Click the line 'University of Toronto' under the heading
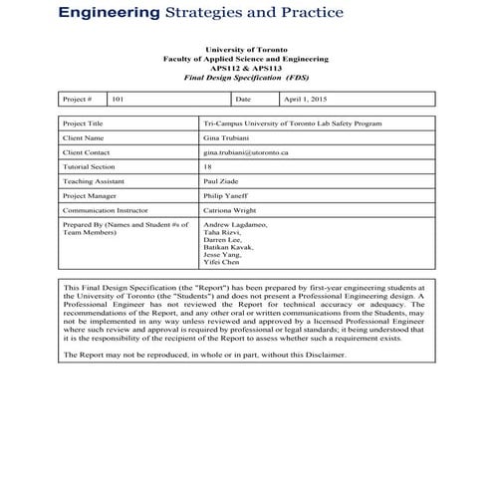[x=246, y=50]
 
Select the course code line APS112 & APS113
[x=246, y=68]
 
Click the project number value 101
[x=119, y=100]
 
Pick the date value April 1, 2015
[x=306, y=100]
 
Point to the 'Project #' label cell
[x=77, y=100]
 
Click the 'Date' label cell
[x=244, y=100]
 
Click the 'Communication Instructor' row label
[x=105, y=212]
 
